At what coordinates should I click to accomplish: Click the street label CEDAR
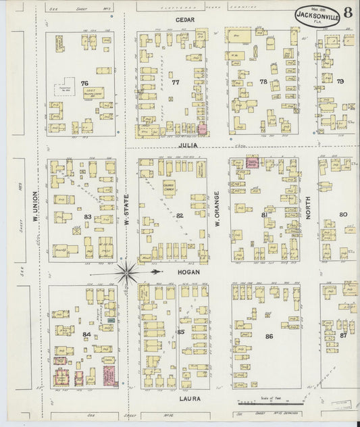[184, 20]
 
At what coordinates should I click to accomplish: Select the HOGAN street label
[186, 271]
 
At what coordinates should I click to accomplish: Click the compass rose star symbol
[127, 272]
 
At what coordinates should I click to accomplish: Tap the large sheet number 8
[346, 12]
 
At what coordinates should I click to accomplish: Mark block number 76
[84, 83]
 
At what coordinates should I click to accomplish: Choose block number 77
[176, 82]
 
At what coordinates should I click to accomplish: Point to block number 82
[180, 215]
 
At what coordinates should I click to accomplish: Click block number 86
[269, 336]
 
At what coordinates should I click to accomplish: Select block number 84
[86, 334]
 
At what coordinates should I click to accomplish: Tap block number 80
[343, 214]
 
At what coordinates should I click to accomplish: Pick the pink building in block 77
[202, 128]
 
